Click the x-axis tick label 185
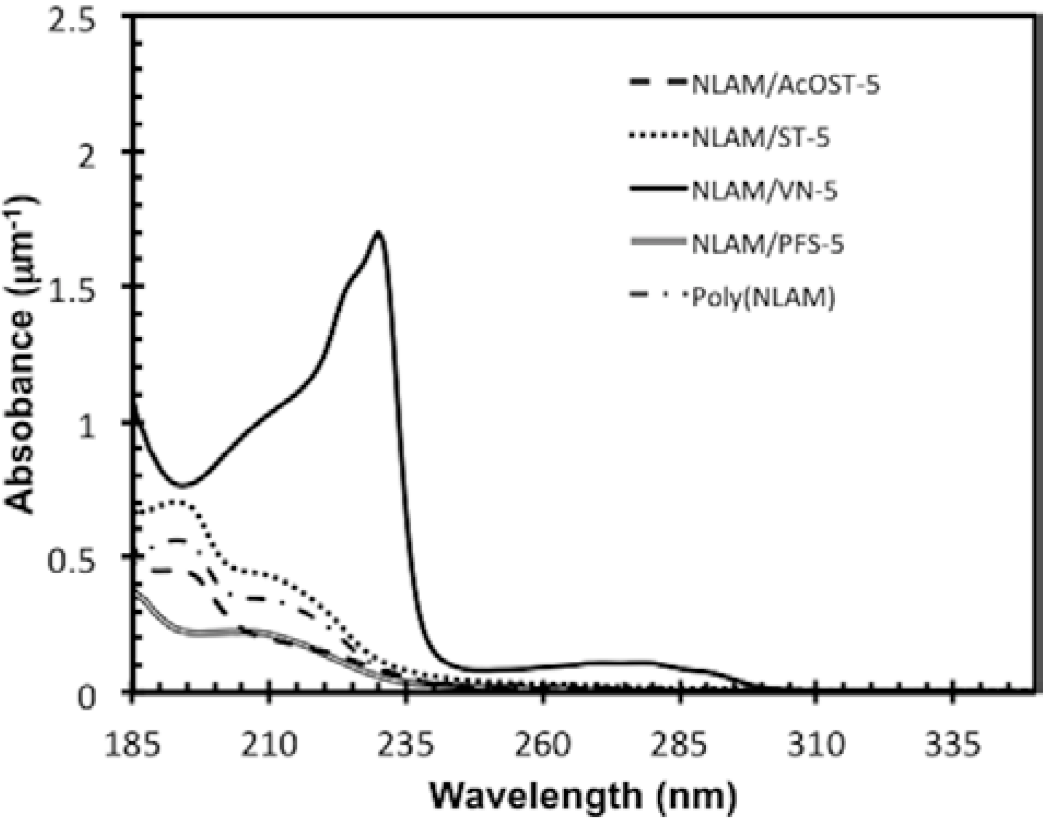pos(133,745)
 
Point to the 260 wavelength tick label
pos(543,745)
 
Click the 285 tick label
pos(679,745)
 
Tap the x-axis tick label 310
pos(816,745)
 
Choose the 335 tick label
pos(952,745)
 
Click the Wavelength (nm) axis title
pos(583,796)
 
